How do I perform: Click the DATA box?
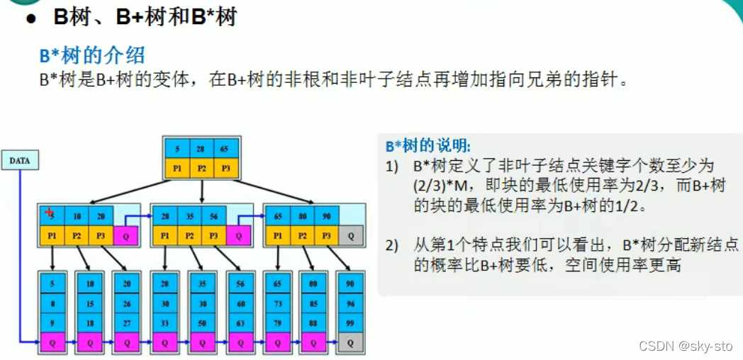(x=20, y=161)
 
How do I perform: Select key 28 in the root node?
(x=202, y=150)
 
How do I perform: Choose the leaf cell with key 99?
(x=348, y=322)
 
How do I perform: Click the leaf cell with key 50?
(x=202, y=322)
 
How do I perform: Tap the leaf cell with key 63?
(x=240, y=322)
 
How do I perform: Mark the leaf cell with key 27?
(x=127, y=322)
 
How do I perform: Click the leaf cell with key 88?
(x=311, y=322)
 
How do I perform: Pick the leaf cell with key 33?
(x=164, y=322)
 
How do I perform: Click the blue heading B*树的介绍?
(x=92, y=56)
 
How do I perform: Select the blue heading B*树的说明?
(x=428, y=146)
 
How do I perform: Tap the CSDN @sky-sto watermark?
(x=686, y=346)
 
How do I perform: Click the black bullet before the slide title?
(x=30, y=19)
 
